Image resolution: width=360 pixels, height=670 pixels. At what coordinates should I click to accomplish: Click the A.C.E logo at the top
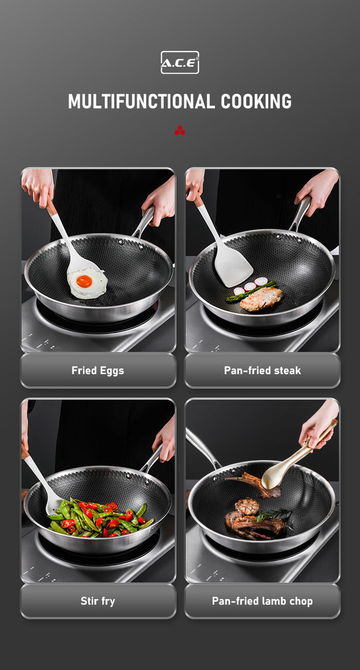coord(179,62)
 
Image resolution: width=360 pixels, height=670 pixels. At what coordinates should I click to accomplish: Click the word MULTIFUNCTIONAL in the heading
coord(141,101)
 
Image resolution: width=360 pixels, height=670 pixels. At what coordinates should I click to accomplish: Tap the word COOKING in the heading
coord(256,101)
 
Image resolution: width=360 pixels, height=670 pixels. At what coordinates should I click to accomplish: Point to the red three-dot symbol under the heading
coord(179,131)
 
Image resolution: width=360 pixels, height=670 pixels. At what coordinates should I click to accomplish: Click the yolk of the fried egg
coord(84,281)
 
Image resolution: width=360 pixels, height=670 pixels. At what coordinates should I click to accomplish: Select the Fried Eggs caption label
coord(98,371)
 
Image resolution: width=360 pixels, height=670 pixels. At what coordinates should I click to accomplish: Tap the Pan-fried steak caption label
coord(262,371)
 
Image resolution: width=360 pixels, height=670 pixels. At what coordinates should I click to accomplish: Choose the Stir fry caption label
coord(98,601)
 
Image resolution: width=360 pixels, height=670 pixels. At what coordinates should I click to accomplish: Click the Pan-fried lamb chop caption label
coord(262,601)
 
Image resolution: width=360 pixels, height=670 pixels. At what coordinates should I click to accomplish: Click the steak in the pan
coord(261,299)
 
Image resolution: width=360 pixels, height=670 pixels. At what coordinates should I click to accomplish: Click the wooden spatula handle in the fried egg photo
coord(52,207)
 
